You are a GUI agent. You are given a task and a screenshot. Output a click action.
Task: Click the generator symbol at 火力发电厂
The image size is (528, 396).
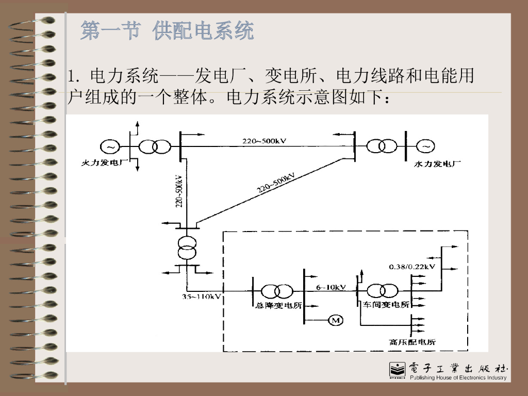pos(110,147)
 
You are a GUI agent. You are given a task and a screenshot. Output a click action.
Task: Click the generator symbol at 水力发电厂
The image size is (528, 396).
pos(426,147)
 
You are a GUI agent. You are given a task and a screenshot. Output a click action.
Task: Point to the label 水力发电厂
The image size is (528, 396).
pos(438,164)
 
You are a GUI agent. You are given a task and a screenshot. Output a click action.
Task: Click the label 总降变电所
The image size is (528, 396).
pos(278,305)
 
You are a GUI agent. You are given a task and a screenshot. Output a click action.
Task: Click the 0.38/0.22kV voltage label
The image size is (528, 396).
pos(412,267)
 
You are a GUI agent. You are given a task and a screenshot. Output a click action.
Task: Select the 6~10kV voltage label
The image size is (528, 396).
pos(331,287)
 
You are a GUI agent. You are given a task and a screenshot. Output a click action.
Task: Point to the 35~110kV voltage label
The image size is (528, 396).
pos(202,296)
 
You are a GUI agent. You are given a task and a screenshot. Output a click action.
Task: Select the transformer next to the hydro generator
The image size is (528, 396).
pos(382,146)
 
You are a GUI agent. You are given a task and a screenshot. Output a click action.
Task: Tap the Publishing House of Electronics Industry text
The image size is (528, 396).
pos(458,378)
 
